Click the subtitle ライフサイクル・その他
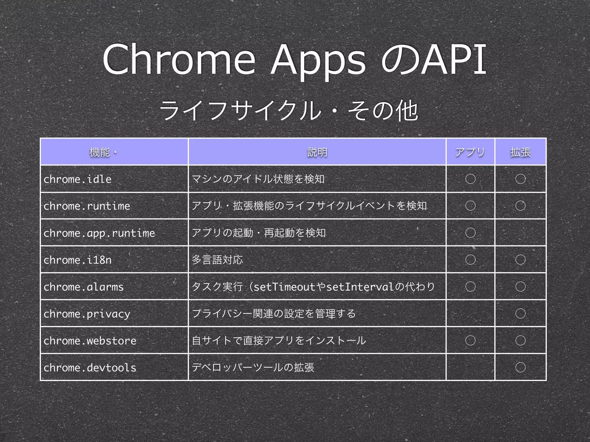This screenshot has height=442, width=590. tap(288, 110)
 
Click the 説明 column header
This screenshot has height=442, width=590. tap(317, 152)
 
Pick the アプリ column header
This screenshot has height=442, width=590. tap(470, 152)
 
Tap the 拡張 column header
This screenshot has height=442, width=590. tap(520, 152)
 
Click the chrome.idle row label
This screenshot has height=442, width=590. tap(77, 179)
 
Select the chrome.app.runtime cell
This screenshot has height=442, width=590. tap(99, 233)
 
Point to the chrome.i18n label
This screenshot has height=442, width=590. tap(77, 260)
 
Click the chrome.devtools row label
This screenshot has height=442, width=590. tap(90, 367)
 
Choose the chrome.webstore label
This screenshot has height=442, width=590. tap(90, 341)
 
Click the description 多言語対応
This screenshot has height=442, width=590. tap(217, 260)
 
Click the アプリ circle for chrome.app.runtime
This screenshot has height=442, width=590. tap(470, 233)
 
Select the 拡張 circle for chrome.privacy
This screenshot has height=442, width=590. tap(520, 313)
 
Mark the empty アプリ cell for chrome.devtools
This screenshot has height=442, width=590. tap(470, 367)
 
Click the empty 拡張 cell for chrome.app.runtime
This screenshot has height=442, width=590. tap(520, 233)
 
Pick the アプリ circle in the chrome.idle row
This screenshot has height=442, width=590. tap(470, 179)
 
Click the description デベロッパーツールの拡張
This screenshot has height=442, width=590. tap(253, 367)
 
